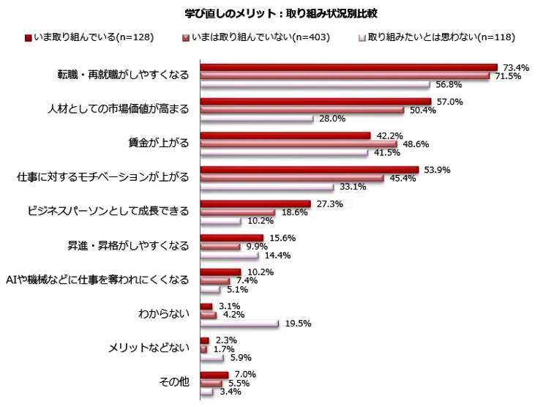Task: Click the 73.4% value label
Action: pos(514,67)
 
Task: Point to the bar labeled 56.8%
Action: pos(315,83)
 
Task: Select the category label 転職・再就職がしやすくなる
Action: pos(123,75)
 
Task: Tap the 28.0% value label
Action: pos(330,119)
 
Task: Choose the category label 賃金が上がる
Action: pos(158,143)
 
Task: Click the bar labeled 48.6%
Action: pos(298,144)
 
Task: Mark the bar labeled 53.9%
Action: pos(309,170)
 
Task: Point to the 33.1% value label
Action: pos(351,187)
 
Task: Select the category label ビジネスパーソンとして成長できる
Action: pos(108,212)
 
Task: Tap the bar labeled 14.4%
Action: pos(229,255)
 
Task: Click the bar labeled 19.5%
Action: pos(239,323)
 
